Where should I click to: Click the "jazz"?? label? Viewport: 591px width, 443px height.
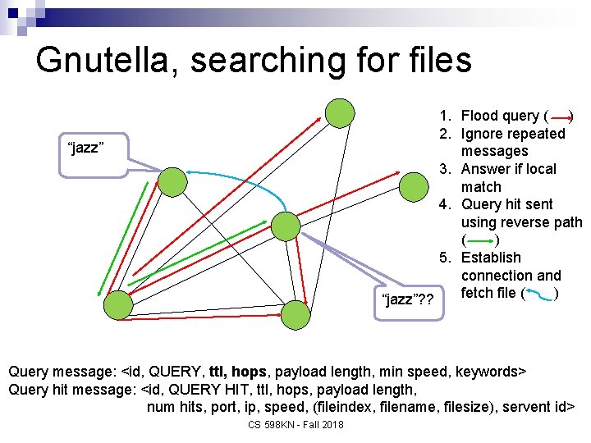[409, 299]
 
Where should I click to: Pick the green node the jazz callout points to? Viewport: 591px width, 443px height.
[172, 181]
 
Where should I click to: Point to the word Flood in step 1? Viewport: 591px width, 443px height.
[481, 116]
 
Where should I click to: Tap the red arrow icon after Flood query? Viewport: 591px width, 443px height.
[562, 116]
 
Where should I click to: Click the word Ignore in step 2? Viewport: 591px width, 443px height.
[483, 134]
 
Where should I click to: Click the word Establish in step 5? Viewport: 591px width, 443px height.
[491, 258]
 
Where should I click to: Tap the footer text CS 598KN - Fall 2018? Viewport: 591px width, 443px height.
[295, 425]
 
